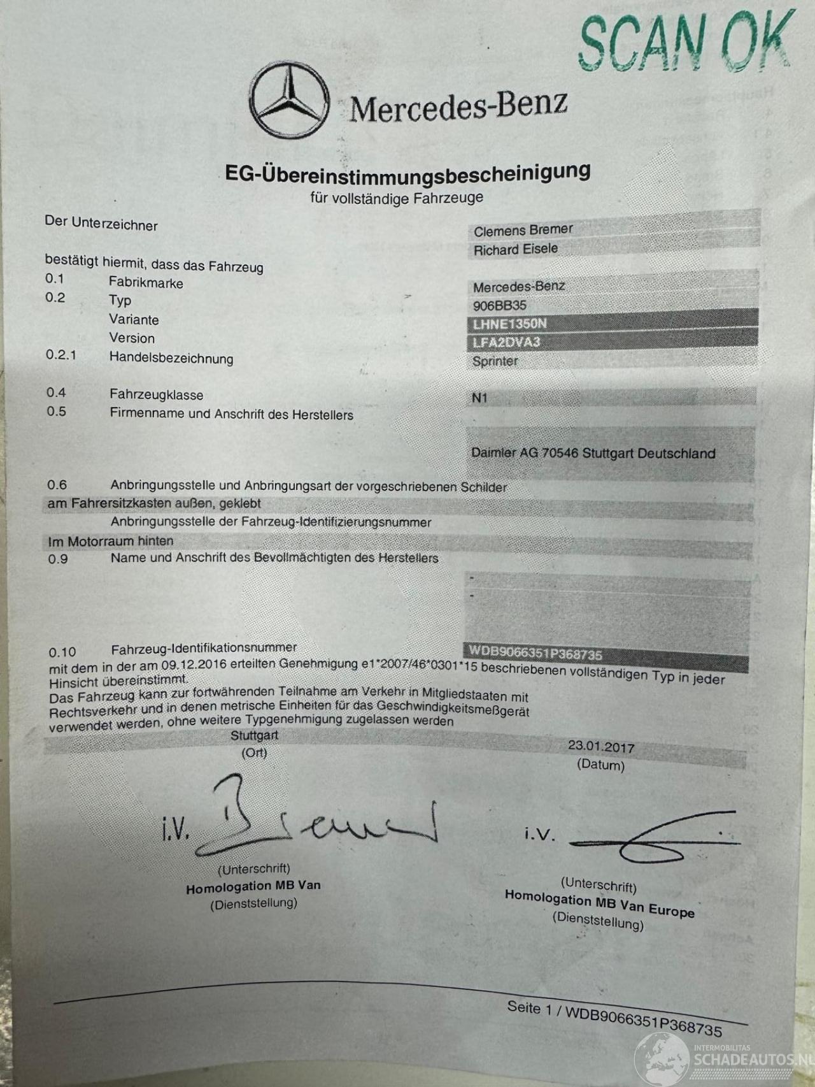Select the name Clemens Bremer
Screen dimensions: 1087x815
pyautogui.click(x=523, y=230)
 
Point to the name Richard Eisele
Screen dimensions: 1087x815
pyautogui.click(x=515, y=249)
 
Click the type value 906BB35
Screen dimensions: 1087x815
pyautogui.click(x=499, y=305)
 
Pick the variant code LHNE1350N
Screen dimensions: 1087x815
pyautogui.click(x=509, y=324)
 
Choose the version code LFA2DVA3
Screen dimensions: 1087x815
pyautogui.click(x=506, y=342)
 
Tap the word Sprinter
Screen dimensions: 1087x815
pyautogui.click(x=495, y=361)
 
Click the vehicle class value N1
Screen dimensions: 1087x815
pyautogui.click(x=479, y=398)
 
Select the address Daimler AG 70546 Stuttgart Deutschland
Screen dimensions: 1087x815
pyautogui.click(x=593, y=454)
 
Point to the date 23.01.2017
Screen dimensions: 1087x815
pyautogui.click(x=601, y=746)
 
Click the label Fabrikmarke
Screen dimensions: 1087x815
pyautogui.click(x=146, y=282)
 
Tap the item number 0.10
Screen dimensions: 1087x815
pyautogui.click(x=62, y=652)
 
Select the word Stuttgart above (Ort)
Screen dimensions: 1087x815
pyautogui.click(x=254, y=735)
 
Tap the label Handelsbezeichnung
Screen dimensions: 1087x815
pyautogui.click(x=171, y=357)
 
